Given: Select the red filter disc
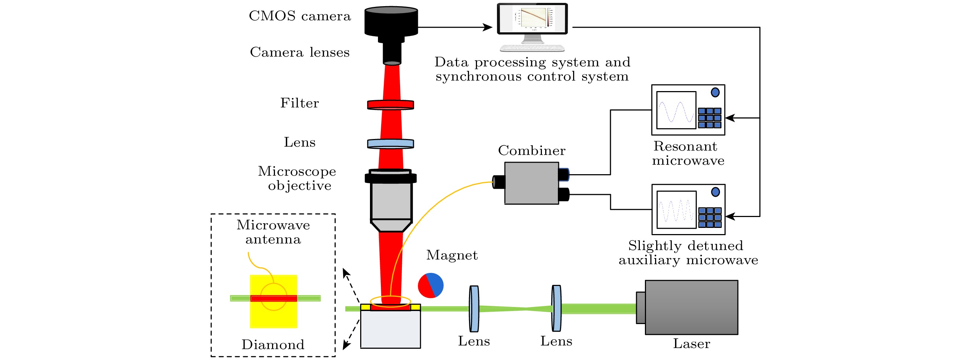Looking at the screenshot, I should [391, 105].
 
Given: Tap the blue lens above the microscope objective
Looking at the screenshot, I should [391, 144].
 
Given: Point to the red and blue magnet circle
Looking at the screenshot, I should [431, 285].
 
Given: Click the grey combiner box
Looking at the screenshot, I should [531, 183].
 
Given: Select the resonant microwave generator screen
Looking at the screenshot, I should [676, 110].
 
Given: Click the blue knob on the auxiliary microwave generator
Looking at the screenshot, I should [715, 192].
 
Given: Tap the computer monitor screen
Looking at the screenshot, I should [532, 18].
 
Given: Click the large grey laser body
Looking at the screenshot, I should [691, 307].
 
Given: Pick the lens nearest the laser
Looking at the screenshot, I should [556, 308].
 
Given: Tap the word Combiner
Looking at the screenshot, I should [531, 150].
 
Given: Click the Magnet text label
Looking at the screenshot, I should [452, 255].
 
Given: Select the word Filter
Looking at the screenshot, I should [299, 103].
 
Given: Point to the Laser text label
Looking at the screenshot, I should [691, 343].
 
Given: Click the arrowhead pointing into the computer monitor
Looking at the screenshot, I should [489, 27].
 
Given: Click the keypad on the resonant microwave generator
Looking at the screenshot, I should [709, 118].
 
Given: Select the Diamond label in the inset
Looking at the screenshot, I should [273, 344].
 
